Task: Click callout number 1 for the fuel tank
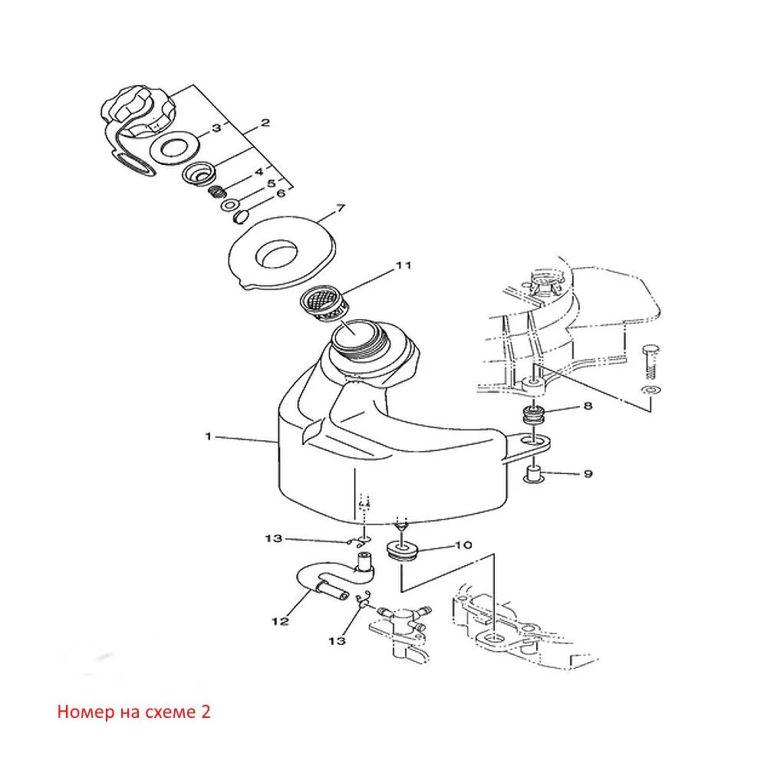(x=209, y=436)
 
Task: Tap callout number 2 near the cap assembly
(x=265, y=122)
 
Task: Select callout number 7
(x=341, y=209)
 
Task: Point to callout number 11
(x=403, y=265)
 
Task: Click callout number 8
(x=588, y=406)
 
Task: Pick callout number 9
(x=588, y=473)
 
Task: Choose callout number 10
(x=463, y=545)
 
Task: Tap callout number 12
(x=280, y=621)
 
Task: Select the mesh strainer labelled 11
(x=325, y=304)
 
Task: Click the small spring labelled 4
(x=217, y=193)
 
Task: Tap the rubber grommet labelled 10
(x=401, y=550)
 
